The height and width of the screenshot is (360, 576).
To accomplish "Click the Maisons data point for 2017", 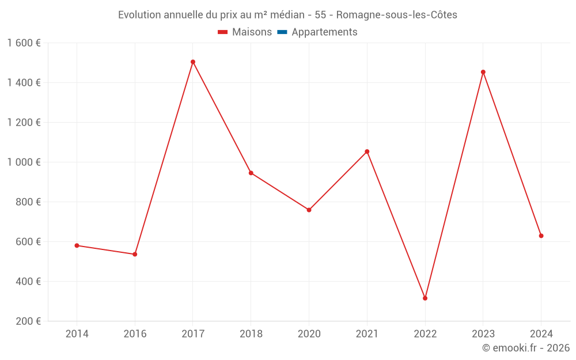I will click(193, 62).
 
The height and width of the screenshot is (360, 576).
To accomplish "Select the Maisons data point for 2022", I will click(425, 298).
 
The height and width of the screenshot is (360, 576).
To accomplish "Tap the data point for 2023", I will click(483, 72).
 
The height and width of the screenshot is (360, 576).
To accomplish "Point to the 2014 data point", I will click(77, 245).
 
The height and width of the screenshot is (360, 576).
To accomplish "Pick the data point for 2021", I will click(367, 151).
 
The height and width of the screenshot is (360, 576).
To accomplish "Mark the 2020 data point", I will click(309, 210).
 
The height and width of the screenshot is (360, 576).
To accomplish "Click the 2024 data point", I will click(541, 236).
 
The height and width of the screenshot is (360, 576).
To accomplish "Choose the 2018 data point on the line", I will click(251, 173).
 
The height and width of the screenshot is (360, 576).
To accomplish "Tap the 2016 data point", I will click(135, 254).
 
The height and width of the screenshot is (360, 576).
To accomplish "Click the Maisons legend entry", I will click(245, 32).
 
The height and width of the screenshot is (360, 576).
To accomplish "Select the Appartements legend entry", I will click(317, 32).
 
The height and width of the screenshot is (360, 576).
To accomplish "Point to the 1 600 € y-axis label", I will click(24, 43).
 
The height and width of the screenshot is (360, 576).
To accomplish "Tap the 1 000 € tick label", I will click(24, 162).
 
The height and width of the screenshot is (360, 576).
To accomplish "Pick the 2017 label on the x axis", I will click(193, 334).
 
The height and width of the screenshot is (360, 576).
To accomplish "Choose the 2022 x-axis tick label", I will click(425, 334).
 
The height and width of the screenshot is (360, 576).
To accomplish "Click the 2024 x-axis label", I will click(541, 334).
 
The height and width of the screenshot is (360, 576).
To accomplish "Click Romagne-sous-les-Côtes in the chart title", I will click(396, 15).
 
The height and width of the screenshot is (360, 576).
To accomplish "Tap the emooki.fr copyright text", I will click(526, 348).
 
